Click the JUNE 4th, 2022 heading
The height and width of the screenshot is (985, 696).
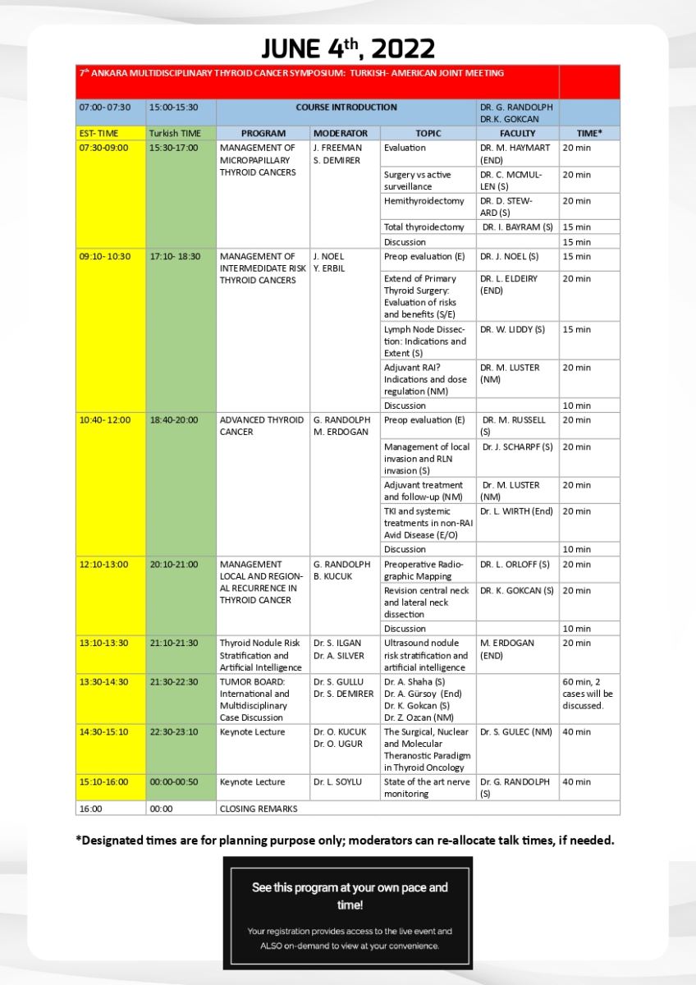pyautogui.click(x=348, y=48)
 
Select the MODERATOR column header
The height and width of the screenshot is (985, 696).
pyautogui.click(x=345, y=133)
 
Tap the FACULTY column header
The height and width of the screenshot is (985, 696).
pyautogui.click(x=517, y=133)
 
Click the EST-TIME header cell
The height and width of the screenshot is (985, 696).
pyautogui.click(x=99, y=133)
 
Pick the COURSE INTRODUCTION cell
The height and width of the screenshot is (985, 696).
pyautogui.click(x=346, y=108)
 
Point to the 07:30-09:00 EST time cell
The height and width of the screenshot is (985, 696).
pyautogui.click(x=104, y=148)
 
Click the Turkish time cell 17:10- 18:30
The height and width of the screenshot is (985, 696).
pyautogui.click(x=175, y=256)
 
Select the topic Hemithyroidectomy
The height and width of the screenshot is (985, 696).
pyautogui.click(x=424, y=201)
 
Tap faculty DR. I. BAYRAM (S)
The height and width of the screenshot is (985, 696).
pyautogui.click(x=518, y=227)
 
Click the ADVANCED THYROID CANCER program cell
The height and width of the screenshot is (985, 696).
pyautogui.click(x=262, y=425)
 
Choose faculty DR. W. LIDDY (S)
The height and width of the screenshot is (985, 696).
pyautogui.click(x=513, y=330)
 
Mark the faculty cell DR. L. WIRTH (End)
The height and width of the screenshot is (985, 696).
pyautogui.click(x=517, y=511)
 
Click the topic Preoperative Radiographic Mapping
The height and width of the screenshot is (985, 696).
pyautogui.click(x=424, y=570)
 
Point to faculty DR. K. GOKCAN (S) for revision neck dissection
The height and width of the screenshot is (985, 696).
pyautogui.click(x=517, y=591)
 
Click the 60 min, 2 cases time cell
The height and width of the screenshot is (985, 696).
pyautogui.click(x=588, y=694)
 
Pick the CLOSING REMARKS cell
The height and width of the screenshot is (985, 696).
pyautogui.click(x=259, y=809)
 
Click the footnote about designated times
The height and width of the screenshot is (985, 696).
pyautogui.click(x=345, y=840)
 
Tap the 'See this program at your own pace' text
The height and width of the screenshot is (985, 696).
pyautogui.click(x=348, y=896)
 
